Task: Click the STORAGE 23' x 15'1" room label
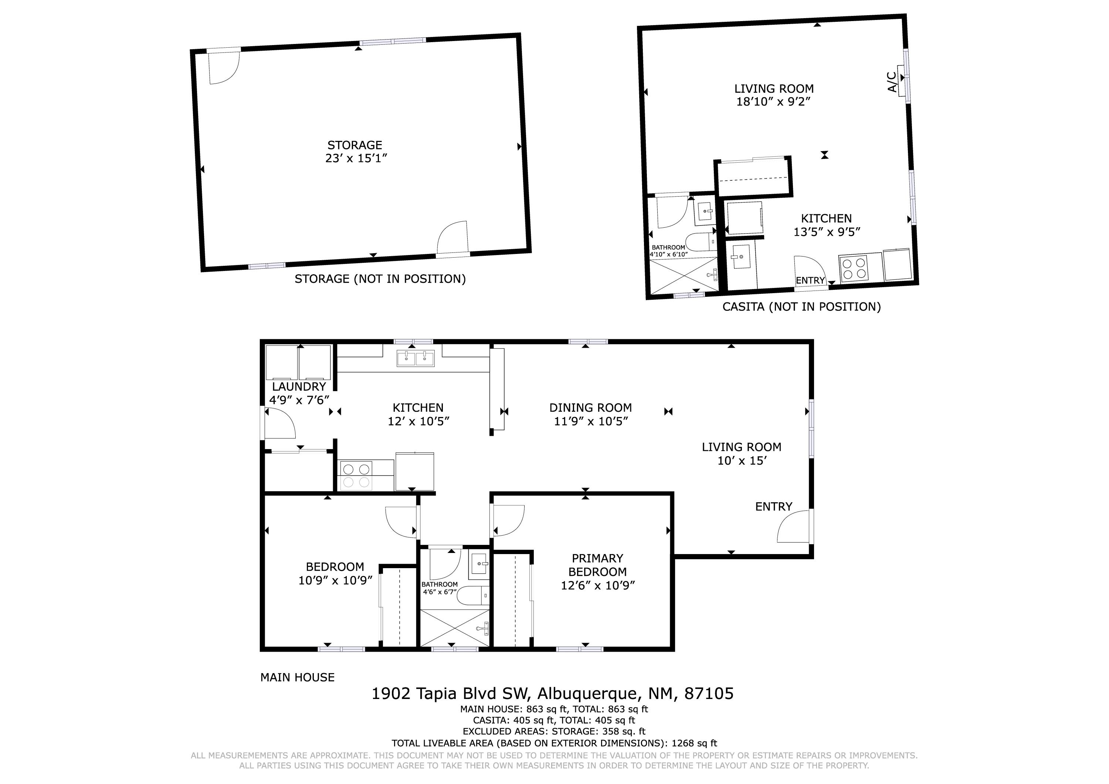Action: [x=356, y=152]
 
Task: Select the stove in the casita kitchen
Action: [x=854, y=268]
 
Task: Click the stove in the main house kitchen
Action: [x=356, y=475]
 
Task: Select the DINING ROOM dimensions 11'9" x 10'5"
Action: [x=590, y=421]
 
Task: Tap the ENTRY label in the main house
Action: [x=773, y=507]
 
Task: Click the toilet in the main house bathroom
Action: [x=471, y=595]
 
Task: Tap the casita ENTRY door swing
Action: [x=808, y=269]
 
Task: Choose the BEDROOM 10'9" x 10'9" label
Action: [x=335, y=573]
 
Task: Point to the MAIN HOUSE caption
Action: [x=297, y=677]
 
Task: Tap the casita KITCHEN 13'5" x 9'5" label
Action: [x=827, y=225]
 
